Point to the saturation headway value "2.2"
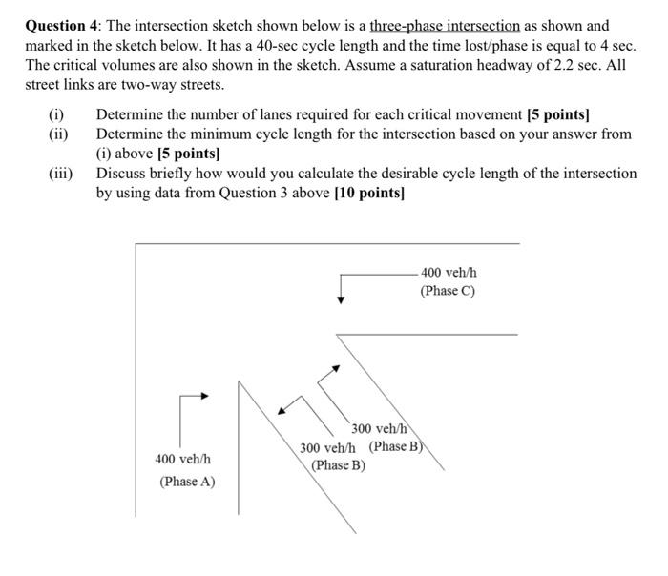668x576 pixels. click(535, 65)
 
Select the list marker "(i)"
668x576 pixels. click(56, 115)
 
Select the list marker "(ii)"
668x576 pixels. click(58, 134)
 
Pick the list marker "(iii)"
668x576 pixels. click(61, 174)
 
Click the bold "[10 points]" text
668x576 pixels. click(369, 193)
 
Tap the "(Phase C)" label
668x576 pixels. click(447, 291)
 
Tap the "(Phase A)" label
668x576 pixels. click(187, 481)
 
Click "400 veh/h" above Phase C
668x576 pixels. click(449, 273)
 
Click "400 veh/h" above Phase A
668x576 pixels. click(183, 460)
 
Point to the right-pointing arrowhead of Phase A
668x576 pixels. click(204, 394)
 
